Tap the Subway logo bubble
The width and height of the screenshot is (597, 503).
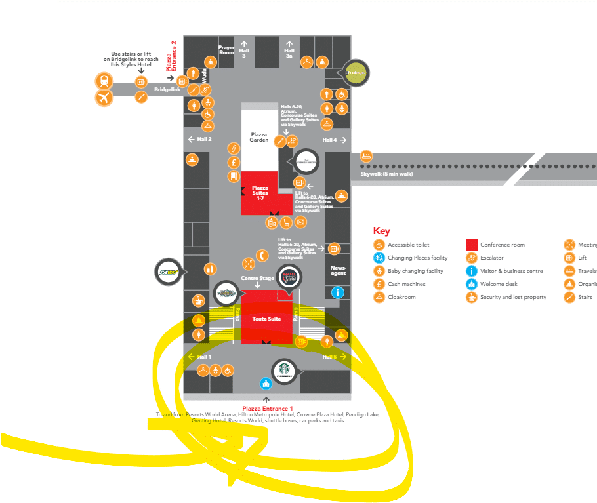point(169,271)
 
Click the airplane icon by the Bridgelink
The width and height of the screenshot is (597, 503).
point(103,98)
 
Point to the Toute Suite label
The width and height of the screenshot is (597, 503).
point(266,319)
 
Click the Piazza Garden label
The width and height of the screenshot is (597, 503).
point(259,137)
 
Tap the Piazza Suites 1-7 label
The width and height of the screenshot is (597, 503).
point(260,193)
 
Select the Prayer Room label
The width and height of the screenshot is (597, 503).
point(226,50)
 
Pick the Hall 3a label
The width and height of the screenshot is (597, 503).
point(289,52)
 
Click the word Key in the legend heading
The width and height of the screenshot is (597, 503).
point(381,231)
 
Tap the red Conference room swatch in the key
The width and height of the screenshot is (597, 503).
point(470,245)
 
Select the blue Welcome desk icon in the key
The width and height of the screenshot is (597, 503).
point(470,284)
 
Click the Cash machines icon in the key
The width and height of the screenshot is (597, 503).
point(379,284)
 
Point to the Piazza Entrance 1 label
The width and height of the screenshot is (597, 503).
point(268,409)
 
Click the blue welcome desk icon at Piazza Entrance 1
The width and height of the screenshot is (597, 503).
point(266,384)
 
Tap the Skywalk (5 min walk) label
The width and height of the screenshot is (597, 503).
point(386,174)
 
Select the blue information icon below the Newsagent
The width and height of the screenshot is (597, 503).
point(338,292)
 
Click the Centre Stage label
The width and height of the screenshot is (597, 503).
point(257,279)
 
